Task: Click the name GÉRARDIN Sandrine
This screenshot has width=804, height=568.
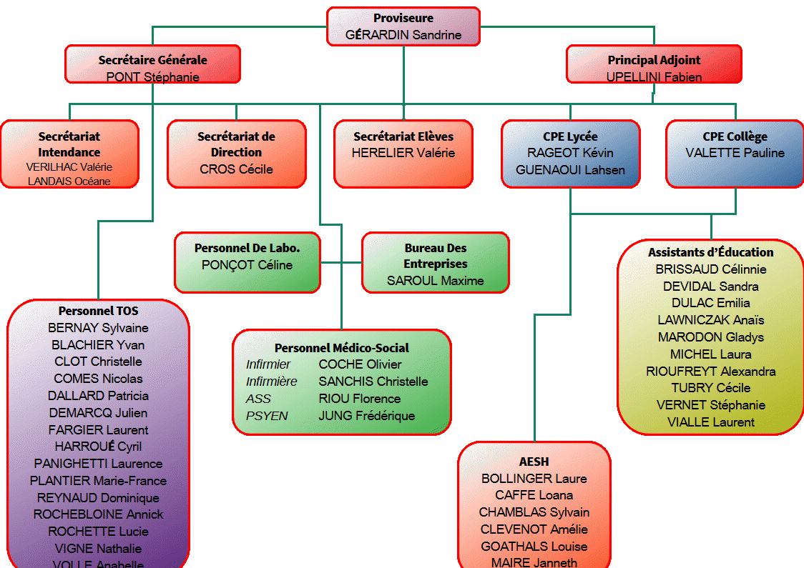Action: point(403,34)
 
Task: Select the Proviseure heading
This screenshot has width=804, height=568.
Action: point(403,18)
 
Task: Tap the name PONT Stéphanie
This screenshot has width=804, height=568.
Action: point(153,77)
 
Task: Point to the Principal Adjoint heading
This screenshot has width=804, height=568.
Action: point(654,61)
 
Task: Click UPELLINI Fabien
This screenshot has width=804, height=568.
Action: point(654,77)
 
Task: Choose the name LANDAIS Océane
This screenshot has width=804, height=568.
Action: point(69,181)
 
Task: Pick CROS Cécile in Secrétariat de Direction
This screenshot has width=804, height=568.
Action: point(236,169)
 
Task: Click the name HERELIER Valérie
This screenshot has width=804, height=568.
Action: point(403,153)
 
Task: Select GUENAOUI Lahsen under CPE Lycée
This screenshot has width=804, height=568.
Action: point(570,170)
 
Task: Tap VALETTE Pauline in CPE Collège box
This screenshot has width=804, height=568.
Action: point(735,153)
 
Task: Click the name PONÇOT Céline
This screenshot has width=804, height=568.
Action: point(247,265)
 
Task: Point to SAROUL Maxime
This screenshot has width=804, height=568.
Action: point(436,281)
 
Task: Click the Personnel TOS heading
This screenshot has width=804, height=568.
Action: point(99,311)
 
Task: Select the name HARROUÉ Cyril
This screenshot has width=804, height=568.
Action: point(99,447)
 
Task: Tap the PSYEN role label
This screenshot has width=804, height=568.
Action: point(267,416)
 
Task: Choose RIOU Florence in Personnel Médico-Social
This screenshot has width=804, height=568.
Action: point(360,399)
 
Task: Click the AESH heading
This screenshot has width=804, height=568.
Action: point(534,462)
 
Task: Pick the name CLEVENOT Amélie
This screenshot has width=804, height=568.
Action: point(534,529)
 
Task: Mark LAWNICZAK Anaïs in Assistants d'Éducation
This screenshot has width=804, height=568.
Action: point(711,320)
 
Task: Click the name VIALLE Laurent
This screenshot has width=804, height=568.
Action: point(711,422)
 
